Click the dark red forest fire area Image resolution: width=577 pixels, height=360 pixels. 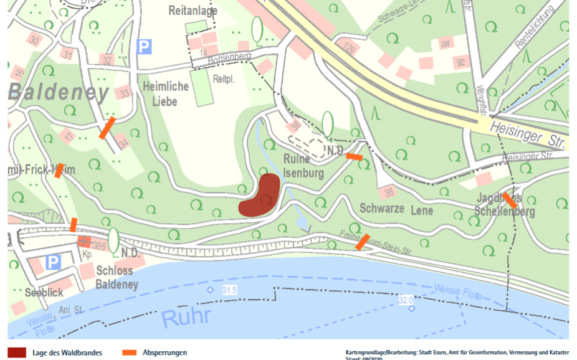[x=262, y=196]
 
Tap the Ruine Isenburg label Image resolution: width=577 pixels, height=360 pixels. [x=303, y=166]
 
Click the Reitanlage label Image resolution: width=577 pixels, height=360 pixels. [x=194, y=11]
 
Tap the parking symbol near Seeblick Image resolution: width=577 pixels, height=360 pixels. [x=53, y=262]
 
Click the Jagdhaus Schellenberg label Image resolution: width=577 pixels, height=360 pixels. [x=504, y=204]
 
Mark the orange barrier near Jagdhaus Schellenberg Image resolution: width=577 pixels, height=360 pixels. [x=510, y=201]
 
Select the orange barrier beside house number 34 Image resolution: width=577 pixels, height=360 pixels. [x=107, y=128]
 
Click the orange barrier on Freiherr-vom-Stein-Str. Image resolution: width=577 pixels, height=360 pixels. [x=361, y=242]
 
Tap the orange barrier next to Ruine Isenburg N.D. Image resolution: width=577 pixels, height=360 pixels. [x=354, y=157]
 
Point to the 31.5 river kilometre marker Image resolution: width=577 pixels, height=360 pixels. [x=229, y=290]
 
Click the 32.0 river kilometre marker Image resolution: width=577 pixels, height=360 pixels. [x=406, y=300]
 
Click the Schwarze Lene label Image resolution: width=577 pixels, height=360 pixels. [x=396, y=210]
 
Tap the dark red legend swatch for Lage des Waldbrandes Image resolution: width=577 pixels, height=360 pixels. [x=17, y=353]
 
